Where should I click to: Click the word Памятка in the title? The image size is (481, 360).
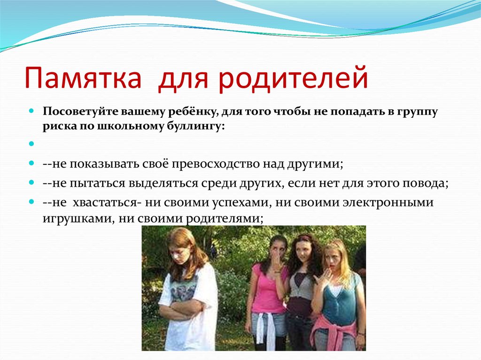coord(83,78)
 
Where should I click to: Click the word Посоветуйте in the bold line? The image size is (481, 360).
coord(80,112)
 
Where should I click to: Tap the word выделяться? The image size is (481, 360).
coord(163,184)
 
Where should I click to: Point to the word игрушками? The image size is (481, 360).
coord(76,219)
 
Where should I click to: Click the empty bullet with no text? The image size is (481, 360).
coord(31,144)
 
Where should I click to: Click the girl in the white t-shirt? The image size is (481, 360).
coord(187,290)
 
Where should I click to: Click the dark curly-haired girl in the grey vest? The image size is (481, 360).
coord(302,291)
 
